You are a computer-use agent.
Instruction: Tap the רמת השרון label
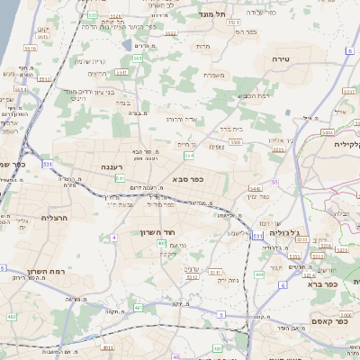[x=43, y=271]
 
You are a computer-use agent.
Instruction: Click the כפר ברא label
[x=320, y=283]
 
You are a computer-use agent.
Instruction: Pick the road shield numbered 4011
[x=107, y=347]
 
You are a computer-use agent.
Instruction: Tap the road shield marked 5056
[x=307, y=239]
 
